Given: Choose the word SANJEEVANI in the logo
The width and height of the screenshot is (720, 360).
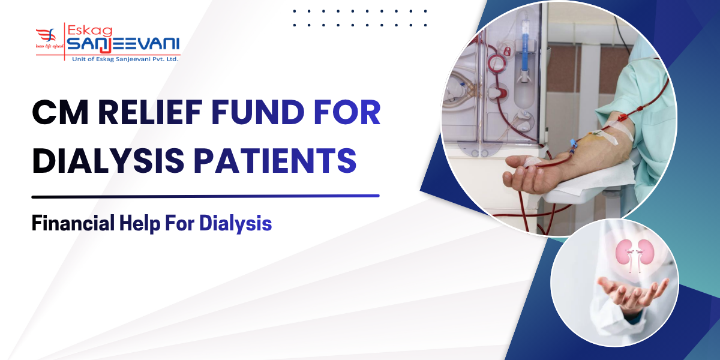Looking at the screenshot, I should (123, 44).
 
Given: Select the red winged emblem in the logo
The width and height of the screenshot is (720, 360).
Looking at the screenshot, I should (47, 37).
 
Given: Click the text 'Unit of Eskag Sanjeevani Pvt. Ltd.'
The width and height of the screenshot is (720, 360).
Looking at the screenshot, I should (122, 58).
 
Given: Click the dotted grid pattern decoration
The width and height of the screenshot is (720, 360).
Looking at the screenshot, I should (359, 17).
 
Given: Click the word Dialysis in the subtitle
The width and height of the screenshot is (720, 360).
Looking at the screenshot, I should (236, 224).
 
